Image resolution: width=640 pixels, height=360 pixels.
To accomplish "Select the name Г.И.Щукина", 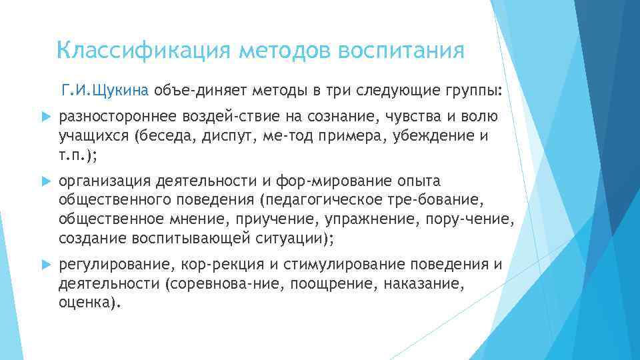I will click(x=107, y=89).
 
